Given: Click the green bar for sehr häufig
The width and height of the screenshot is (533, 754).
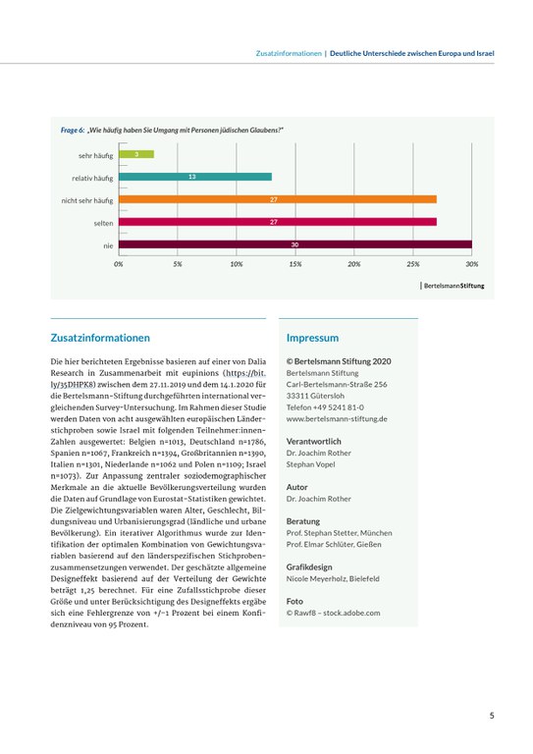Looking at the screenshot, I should (135, 154).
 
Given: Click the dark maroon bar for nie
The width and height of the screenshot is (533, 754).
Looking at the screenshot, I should (294, 244).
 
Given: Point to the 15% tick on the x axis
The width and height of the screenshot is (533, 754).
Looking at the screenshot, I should (295, 264).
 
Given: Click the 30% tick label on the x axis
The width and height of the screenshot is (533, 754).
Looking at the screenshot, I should (471, 264).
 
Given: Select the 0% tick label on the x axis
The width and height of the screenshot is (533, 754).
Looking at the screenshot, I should (119, 264).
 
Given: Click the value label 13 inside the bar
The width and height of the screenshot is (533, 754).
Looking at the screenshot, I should (191, 177).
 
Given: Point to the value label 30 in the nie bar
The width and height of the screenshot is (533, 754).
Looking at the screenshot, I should (294, 244).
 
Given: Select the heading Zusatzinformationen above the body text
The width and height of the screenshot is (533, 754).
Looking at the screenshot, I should (100, 337).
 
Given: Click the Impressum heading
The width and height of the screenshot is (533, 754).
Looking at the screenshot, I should (312, 337).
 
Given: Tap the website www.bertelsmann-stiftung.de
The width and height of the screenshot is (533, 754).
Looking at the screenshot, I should (337, 418).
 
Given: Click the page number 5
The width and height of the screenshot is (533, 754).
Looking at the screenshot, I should (491, 716).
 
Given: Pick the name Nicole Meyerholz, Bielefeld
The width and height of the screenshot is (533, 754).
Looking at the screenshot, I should (333, 579).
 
